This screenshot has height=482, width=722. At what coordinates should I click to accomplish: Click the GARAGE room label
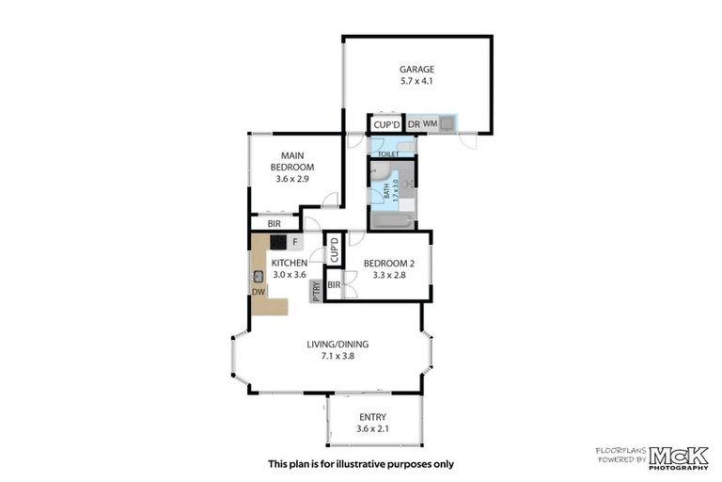(x=416, y=69)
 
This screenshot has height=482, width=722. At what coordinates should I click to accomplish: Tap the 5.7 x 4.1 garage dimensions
(x=416, y=82)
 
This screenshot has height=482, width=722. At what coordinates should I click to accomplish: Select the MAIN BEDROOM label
(x=292, y=161)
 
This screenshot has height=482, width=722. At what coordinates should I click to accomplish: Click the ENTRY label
(x=373, y=417)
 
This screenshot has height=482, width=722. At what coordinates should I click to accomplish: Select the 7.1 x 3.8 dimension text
(x=336, y=357)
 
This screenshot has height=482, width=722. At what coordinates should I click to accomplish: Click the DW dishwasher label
(x=258, y=293)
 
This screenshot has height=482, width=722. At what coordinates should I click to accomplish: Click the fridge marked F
(x=295, y=242)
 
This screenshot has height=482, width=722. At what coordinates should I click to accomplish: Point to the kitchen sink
(x=258, y=277)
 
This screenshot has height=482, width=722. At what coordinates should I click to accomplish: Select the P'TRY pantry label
(x=316, y=292)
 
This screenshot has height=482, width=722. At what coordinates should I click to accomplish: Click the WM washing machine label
(x=430, y=124)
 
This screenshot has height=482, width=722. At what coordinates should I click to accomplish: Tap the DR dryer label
(x=413, y=124)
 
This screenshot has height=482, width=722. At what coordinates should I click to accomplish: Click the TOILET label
(x=388, y=153)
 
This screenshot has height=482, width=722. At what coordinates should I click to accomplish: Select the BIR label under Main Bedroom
(x=274, y=224)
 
